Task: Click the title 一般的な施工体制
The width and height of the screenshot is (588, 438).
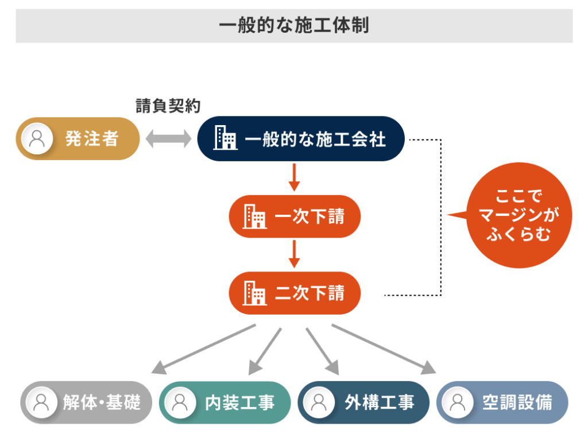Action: click(293, 26)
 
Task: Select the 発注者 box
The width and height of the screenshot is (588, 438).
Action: click(78, 139)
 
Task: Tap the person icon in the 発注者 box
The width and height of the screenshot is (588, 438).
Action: click(37, 139)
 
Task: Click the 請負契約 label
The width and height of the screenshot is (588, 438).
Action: click(168, 106)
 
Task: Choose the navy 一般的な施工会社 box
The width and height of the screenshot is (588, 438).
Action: click(301, 139)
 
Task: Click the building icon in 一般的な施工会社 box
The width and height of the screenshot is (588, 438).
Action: click(225, 139)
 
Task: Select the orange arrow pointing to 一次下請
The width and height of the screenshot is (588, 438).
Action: click(294, 177)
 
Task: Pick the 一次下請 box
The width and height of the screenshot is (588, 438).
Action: click(295, 216)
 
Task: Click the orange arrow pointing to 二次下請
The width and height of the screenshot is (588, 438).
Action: click(294, 254)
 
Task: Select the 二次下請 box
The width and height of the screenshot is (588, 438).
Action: click(295, 293)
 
